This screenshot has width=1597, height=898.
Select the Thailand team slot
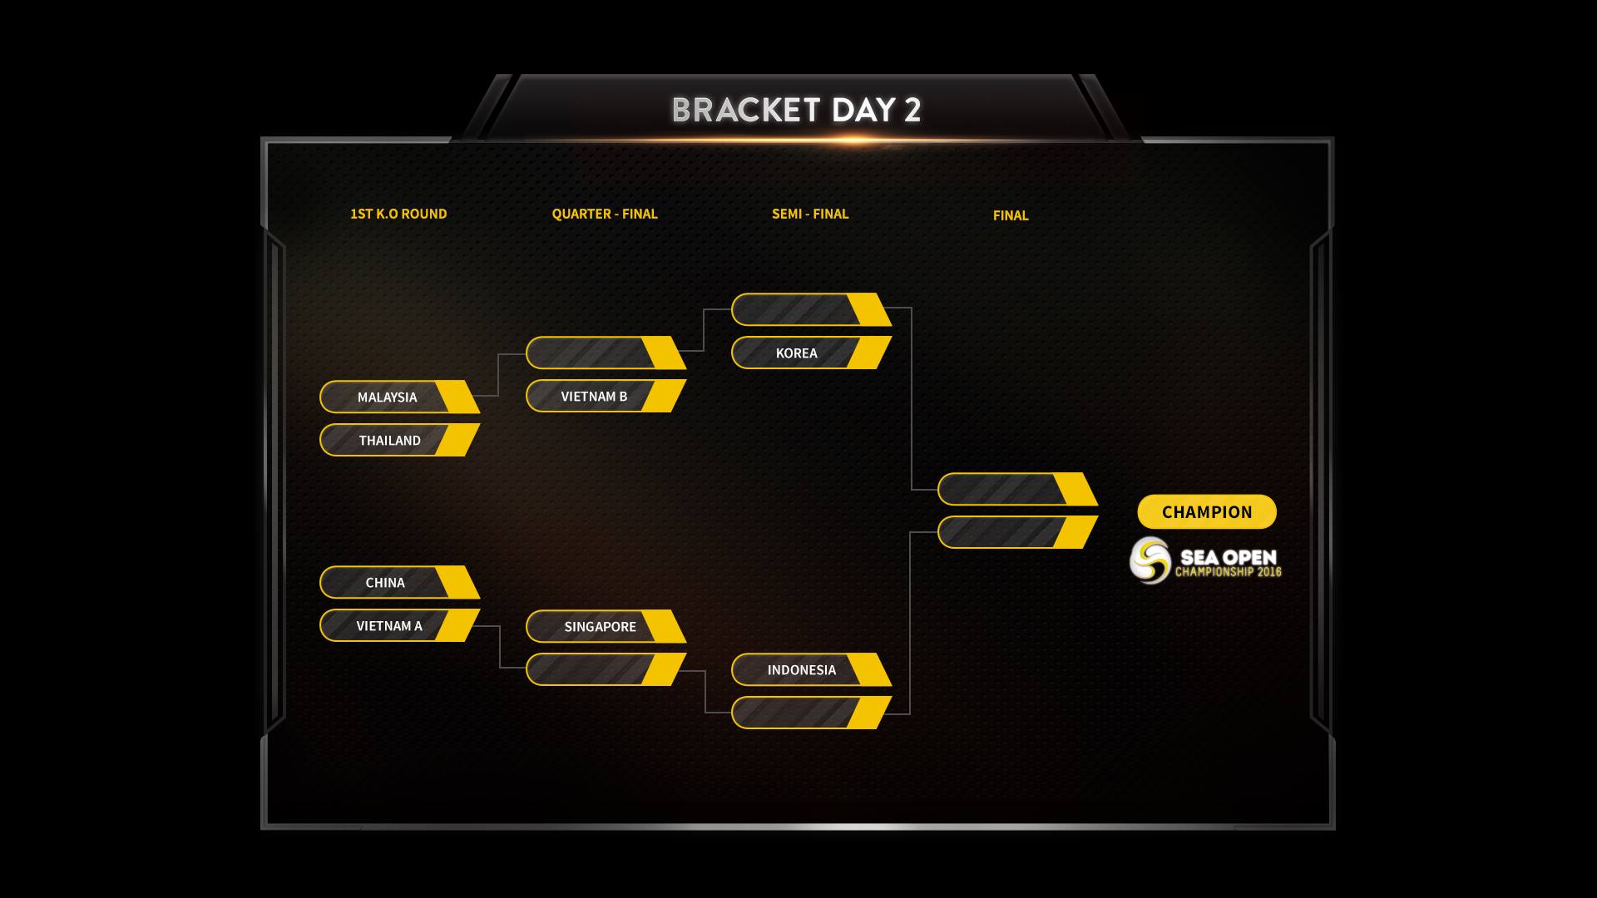tap(390, 441)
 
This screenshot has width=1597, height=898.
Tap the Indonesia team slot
tap(802, 670)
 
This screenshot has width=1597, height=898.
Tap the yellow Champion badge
tap(1207, 512)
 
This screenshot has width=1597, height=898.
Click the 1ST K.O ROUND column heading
tap(398, 214)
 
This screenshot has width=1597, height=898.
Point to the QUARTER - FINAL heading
tap(605, 214)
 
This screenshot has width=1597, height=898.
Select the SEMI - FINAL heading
tap(810, 214)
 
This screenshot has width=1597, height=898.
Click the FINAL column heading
tap(1011, 215)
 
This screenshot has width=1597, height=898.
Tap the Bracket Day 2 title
tap(796, 110)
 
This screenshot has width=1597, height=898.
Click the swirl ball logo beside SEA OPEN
tap(1150, 560)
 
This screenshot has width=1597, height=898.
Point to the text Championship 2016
tap(1228, 572)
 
